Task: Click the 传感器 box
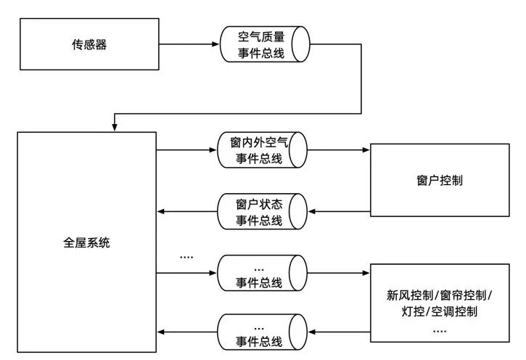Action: point(89,45)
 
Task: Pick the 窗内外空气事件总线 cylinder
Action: point(261,150)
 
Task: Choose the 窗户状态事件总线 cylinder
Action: point(261,212)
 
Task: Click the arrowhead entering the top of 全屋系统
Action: point(114,126)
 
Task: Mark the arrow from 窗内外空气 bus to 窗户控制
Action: point(338,150)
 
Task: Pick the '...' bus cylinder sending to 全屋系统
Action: point(261,333)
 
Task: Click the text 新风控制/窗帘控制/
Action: point(440,295)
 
